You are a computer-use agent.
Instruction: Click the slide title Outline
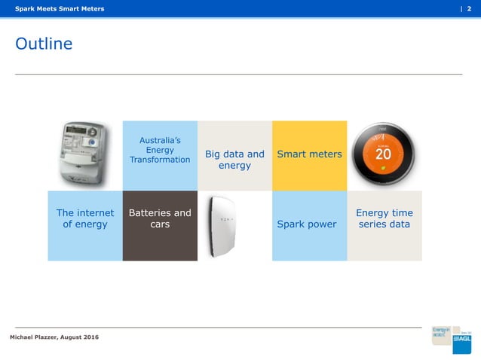44,44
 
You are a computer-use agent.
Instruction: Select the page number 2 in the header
470,8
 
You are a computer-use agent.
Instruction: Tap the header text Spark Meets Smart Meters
60,8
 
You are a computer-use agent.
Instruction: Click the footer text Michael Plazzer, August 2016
54,336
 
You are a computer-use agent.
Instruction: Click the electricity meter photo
84,155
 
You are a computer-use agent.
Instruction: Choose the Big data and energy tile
234,159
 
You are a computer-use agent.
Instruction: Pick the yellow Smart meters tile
309,154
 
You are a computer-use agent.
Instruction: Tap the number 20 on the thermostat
383,154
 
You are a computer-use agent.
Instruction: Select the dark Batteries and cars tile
160,225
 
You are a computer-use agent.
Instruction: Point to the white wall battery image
225,225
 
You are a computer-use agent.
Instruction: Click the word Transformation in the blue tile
160,160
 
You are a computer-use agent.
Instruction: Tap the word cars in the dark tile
160,224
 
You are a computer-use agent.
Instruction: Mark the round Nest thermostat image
383,154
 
